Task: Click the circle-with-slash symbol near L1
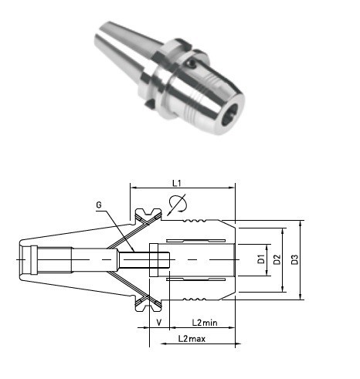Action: (176, 205)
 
